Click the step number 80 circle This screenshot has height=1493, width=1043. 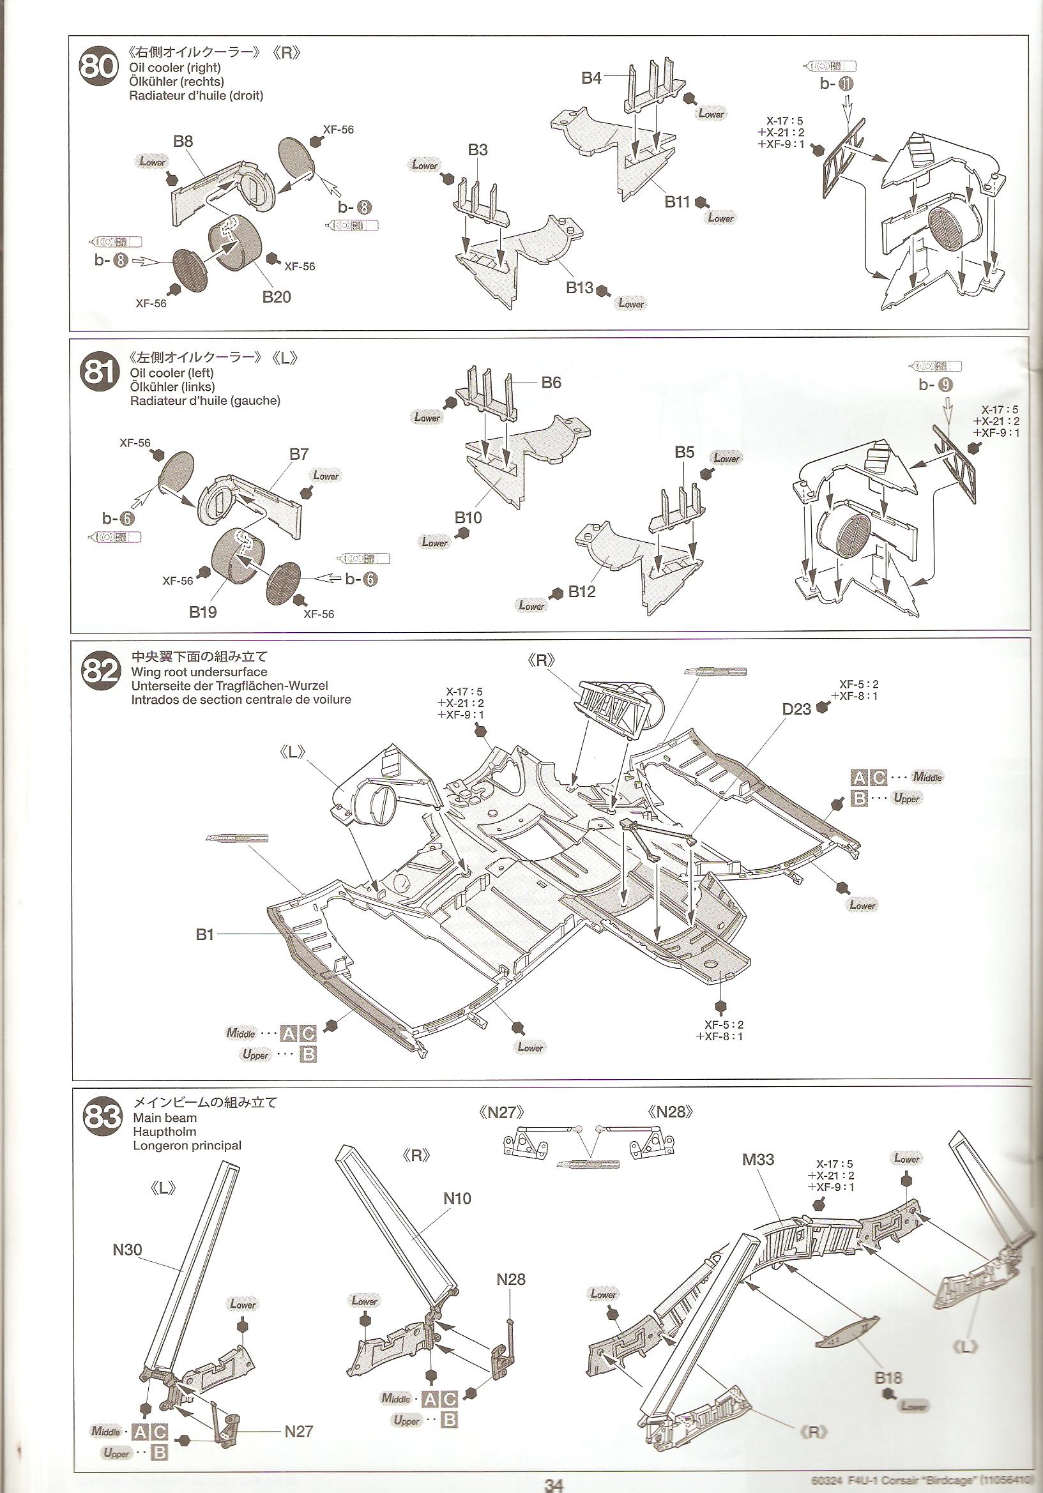click(x=98, y=66)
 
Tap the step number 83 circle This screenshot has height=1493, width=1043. click(x=102, y=1116)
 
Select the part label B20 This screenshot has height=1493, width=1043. click(x=277, y=297)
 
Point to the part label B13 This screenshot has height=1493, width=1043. click(x=579, y=287)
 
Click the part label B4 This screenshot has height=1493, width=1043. click(x=591, y=79)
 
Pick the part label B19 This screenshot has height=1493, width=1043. click(x=203, y=612)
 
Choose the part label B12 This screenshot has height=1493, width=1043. click(x=581, y=591)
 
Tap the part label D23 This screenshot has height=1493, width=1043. click(x=796, y=709)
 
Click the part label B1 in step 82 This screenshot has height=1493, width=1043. click(x=205, y=934)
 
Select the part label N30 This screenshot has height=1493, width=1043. click(x=128, y=1249)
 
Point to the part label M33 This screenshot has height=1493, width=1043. click(x=758, y=1159)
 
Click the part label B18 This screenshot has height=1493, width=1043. click(x=888, y=1377)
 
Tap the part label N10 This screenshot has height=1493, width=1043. click(x=457, y=1198)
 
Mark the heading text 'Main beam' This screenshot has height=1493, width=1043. click(x=165, y=1117)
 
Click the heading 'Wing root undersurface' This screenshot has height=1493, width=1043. click(x=199, y=672)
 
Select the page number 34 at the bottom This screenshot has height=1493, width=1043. click(x=554, y=1485)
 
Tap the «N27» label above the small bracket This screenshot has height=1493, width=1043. click(x=502, y=1112)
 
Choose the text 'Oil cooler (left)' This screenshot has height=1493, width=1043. click(x=172, y=372)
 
